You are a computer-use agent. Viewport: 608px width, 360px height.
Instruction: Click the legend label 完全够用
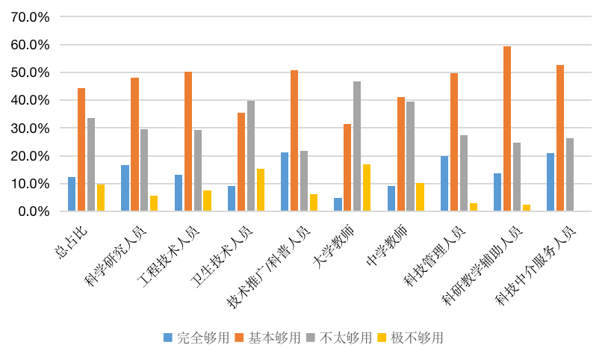coord(202,338)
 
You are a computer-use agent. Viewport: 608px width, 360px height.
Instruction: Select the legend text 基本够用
coord(274,338)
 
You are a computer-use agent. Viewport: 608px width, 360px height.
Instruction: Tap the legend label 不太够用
coord(346,338)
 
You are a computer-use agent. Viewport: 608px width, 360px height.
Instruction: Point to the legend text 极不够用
coord(417,338)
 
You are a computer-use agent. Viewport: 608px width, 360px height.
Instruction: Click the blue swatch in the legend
coord(168,338)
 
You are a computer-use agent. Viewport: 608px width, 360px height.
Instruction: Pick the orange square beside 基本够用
coord(240,338)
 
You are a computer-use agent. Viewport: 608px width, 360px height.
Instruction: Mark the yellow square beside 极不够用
coord(382,338)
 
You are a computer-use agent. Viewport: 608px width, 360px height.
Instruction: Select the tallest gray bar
coord(357,146)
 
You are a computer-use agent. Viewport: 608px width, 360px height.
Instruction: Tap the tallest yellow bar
coord(367,187)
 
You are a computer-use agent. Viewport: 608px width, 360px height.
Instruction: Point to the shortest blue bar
coord(338,205)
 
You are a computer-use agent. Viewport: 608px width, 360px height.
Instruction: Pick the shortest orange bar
coord(347,167)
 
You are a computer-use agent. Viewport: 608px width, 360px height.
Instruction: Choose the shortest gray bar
coord(304,181)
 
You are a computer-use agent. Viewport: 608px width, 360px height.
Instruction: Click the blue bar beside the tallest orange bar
coord(497,192)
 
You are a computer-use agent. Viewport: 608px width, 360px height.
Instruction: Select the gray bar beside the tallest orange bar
coord(517,177)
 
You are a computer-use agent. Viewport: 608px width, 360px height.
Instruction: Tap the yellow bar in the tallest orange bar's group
coord(527,208)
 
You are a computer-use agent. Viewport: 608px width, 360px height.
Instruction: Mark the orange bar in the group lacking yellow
coord(560,138)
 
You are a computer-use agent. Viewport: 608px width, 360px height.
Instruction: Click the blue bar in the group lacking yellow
coord(550,182)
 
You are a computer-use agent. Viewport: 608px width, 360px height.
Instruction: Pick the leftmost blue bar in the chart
coord(72,194)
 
